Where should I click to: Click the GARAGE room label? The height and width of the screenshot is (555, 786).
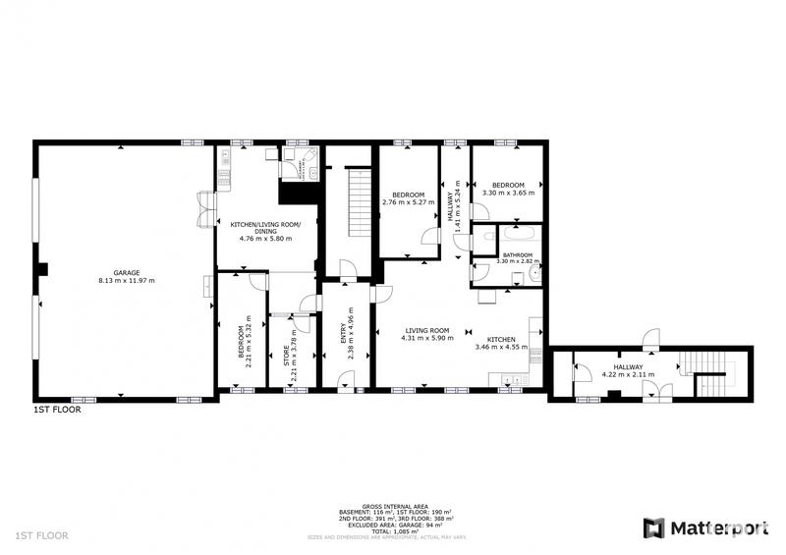click(x=127, y=272)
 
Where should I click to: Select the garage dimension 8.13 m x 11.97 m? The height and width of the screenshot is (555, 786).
click(x=127, y=281)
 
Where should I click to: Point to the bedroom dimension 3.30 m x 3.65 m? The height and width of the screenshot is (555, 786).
click(x=508, y=193)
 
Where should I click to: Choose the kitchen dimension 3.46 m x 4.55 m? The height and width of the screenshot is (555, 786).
click(x=501, y=347)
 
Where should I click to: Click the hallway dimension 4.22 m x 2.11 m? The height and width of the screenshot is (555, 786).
click(x=629, y=372)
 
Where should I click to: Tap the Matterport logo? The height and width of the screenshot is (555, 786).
click(x=705, y=527)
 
